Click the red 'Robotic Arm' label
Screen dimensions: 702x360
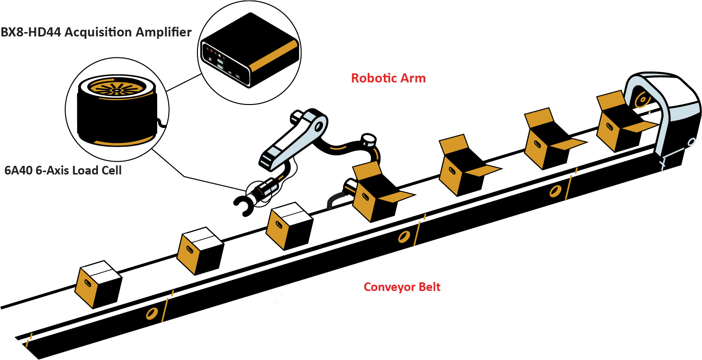tap(388, 78)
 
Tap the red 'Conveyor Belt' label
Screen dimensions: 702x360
tap(402, 287)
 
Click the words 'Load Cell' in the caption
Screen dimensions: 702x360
tap(97, 170)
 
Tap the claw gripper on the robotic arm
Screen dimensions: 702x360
tap(244, 205)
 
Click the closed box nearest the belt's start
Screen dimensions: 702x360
tap(98, 284)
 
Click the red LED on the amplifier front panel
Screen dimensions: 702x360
tap(211, 51)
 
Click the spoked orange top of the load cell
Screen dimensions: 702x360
tap(116, 89)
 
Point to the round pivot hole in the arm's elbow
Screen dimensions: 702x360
tap(318, 127)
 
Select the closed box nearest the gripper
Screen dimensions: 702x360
tap(289, 226)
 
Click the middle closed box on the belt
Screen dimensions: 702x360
tap(200, 251)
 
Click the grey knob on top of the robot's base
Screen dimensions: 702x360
tap(368, 139)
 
